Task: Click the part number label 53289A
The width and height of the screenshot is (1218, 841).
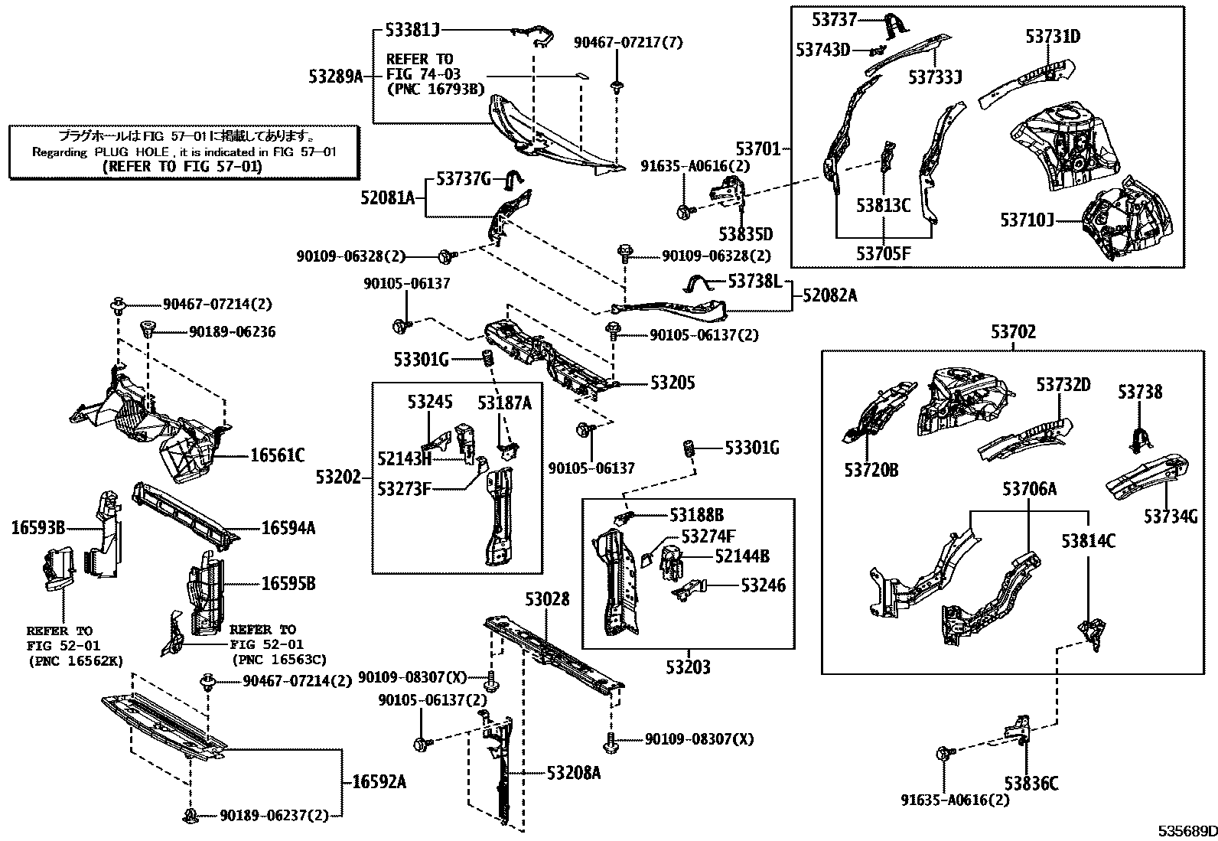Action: click(336, 76)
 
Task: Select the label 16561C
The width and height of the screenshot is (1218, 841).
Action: click(277, 457)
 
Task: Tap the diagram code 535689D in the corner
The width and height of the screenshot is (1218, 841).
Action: click(1185, 831)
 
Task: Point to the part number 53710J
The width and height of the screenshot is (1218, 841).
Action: click(1027, 220)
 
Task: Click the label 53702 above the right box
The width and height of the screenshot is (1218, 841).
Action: click(1013, 332)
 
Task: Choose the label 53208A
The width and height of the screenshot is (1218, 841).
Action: click(574, 773)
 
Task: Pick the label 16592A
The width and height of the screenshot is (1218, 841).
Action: click(379, 782)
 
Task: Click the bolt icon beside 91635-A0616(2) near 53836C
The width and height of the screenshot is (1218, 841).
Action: click(943, 754)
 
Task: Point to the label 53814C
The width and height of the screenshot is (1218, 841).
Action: click(1088, 542)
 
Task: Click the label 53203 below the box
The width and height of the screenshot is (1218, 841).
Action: click(687, 667)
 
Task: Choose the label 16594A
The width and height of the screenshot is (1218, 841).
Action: click(288, 528)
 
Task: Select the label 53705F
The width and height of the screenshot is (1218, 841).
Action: click(884, 253)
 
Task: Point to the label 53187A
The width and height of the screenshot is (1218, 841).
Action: click(504, 403)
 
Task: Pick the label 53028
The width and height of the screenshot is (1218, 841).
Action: click(547, 599)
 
